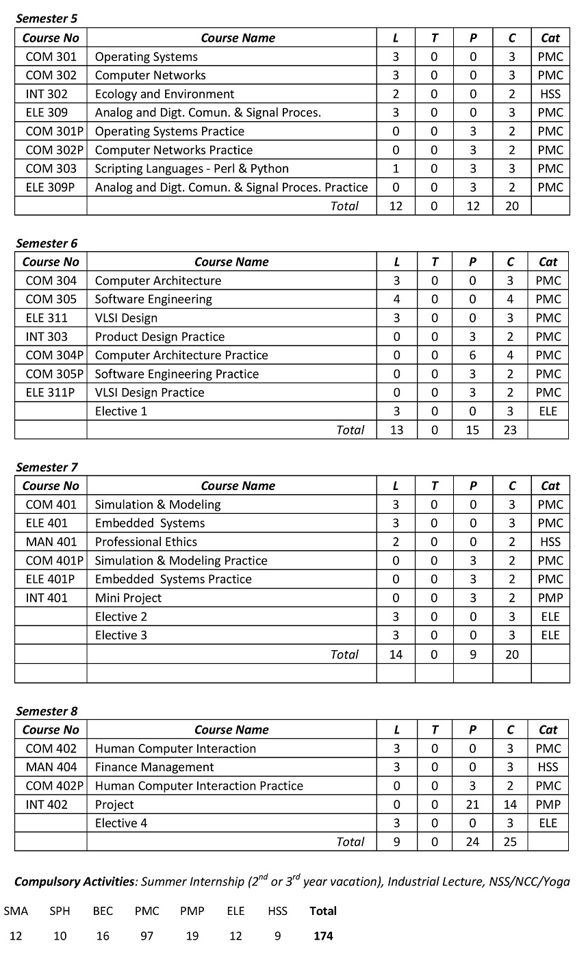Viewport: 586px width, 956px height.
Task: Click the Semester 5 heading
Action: coord(47,18)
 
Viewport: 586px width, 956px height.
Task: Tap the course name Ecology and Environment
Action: coord(164,94)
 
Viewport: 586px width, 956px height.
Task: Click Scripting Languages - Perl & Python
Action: coord(192,168)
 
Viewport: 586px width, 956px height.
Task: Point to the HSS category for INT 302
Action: coord(550,94)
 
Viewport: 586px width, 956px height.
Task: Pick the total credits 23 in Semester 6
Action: coord(510,430)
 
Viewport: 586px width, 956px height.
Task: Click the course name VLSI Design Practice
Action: coord(149,392)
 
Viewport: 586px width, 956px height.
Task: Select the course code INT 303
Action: coord(47,336)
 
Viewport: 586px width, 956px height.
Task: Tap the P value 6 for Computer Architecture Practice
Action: coord(472,355)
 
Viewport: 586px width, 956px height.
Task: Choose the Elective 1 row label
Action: coord(121,411)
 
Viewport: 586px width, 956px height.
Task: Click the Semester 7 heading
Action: coord(47,467)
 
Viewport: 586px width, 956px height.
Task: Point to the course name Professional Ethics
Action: coord(146,542)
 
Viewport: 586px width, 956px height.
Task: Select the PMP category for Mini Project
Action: coord(550,597)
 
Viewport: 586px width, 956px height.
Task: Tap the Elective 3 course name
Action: coord(121,635)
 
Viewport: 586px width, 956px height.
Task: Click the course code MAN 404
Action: coord(51,767)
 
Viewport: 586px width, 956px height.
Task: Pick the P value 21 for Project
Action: coord(472,805)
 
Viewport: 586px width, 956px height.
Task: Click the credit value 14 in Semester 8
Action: coord(510,805)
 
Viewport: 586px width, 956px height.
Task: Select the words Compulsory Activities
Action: coord(74,881)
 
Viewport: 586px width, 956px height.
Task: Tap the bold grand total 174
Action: coord(323,935)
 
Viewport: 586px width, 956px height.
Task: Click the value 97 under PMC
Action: coord(146,935)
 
